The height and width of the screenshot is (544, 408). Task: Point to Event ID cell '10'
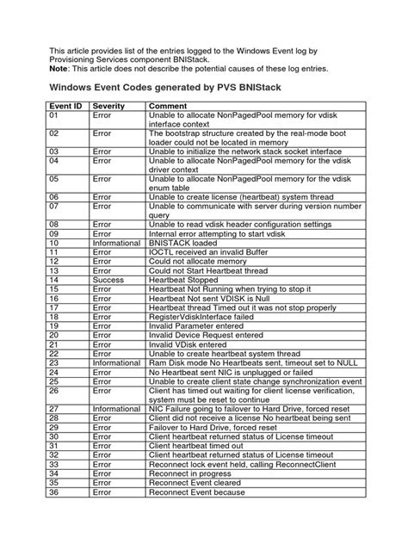click(x=57, y=244)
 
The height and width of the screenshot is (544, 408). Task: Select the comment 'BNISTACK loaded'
click(x=184, y=244)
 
